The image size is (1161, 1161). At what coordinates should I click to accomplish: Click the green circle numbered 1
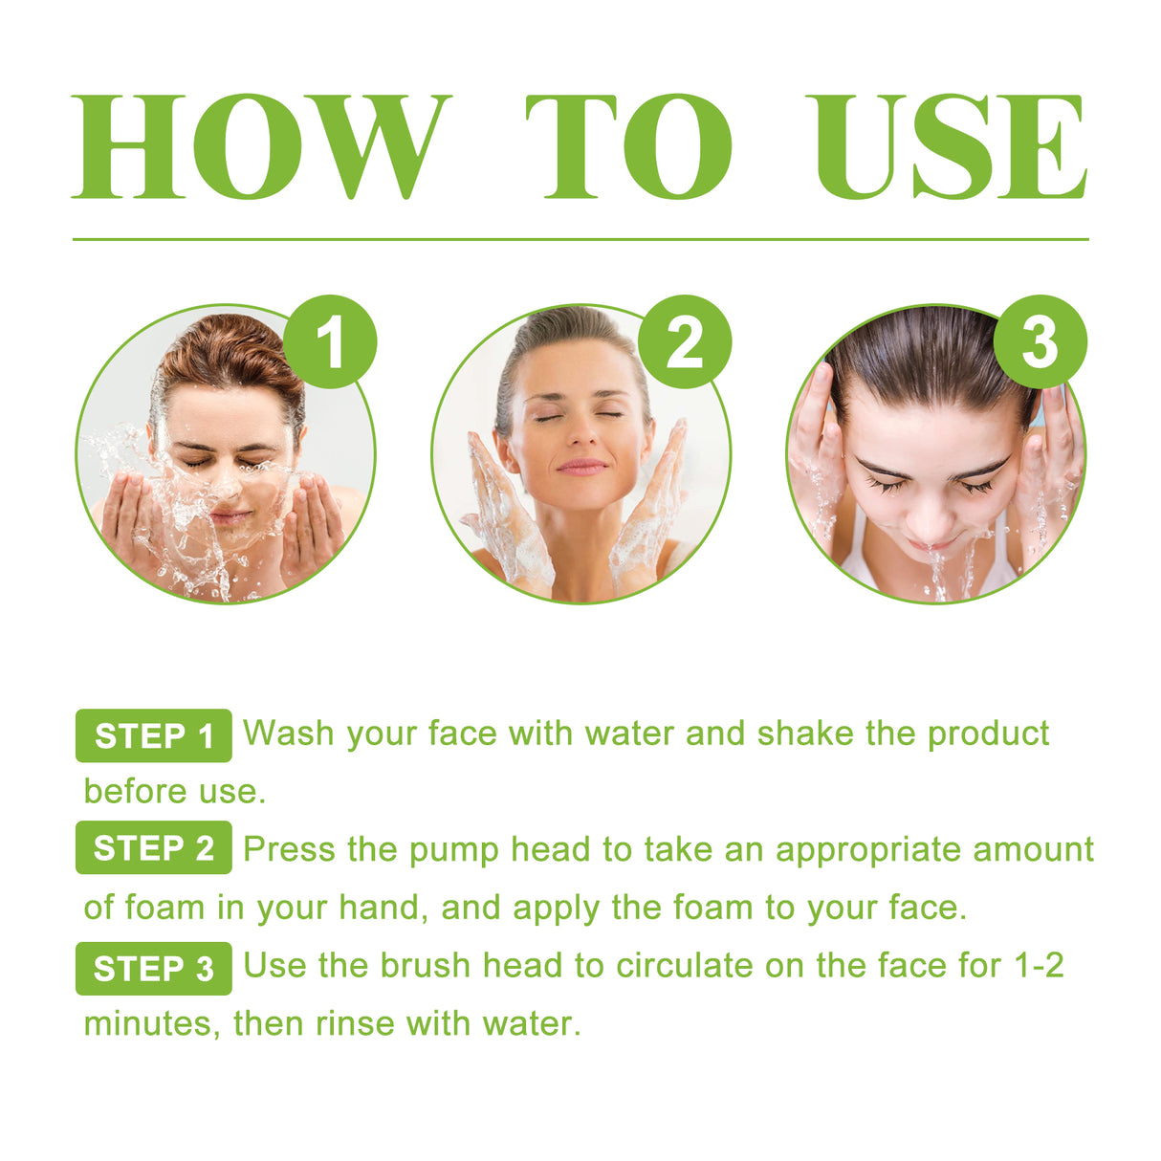330,342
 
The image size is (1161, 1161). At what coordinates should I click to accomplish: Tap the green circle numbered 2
685,342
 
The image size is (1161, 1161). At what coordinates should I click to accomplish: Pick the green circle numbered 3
1040,342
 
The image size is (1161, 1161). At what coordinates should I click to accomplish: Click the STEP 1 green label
154,735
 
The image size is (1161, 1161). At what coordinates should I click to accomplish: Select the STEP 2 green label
154,848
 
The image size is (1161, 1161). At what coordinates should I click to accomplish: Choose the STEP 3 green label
154,968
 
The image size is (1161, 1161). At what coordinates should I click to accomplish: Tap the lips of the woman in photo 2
581,467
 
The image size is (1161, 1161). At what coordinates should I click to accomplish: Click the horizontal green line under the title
580,239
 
